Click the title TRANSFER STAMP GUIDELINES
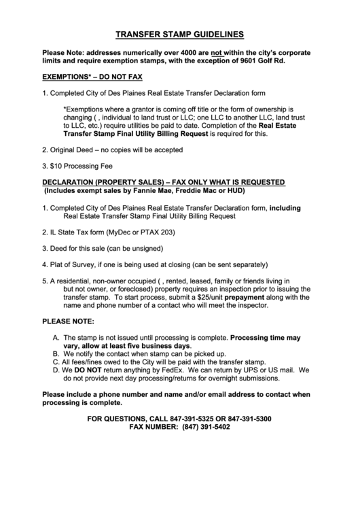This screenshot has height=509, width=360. [x=179, y=33]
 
